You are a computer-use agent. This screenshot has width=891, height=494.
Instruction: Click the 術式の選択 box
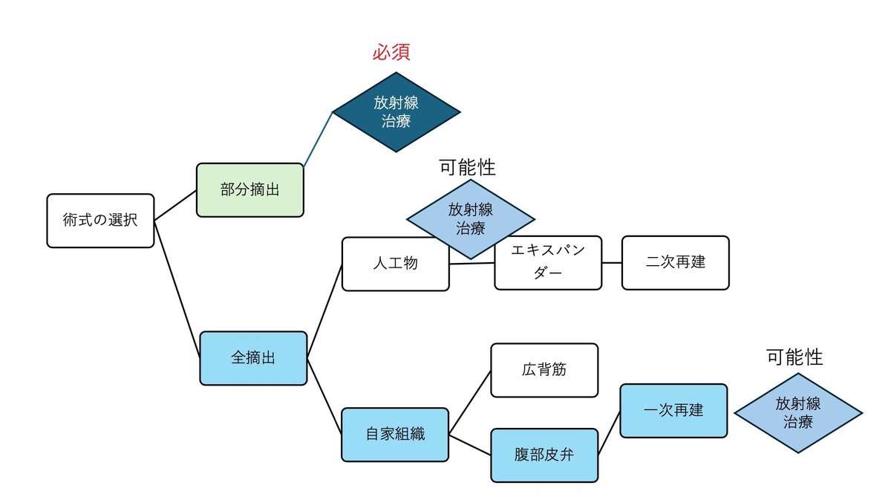coord(100,221)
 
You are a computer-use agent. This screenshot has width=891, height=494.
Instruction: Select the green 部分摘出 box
coord(249,190)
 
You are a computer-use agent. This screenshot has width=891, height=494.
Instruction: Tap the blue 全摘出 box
coord(253,358)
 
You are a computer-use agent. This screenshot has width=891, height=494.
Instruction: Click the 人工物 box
coord(395,264)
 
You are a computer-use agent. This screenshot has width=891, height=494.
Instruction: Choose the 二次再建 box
coord(675,263)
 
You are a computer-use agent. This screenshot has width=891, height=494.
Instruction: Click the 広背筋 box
coord(544,370)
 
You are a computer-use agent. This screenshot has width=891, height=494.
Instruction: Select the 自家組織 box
coord(395,435)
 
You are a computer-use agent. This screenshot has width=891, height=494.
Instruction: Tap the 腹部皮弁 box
coord(544,455)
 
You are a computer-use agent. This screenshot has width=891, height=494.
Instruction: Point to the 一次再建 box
coord(673,410)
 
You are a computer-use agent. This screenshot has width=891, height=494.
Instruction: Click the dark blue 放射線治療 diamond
coord(396,113)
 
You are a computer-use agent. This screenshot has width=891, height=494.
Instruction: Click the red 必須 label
coord(391,53)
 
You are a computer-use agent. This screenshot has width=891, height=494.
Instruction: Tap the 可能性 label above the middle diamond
coord(467,167)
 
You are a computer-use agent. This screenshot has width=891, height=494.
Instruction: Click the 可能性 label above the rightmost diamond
coord(794,357)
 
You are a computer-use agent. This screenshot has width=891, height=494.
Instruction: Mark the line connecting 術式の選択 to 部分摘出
coord(175,206)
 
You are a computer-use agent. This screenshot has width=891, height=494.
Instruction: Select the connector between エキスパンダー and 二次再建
coord(612,263)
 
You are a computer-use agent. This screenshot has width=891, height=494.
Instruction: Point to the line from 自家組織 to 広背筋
coord(470,402)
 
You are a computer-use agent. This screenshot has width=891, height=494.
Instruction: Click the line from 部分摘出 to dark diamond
coord(317,139)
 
